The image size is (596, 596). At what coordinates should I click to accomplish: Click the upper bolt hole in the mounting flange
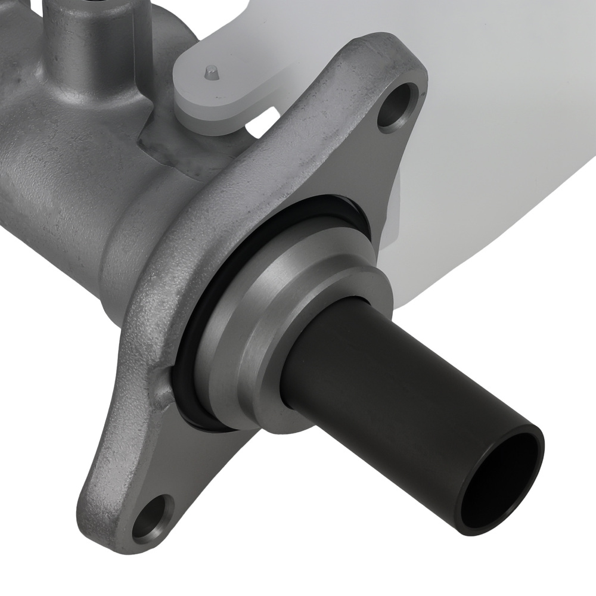pos(398,107)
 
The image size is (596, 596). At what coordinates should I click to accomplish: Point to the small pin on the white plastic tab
pos(210,73)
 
